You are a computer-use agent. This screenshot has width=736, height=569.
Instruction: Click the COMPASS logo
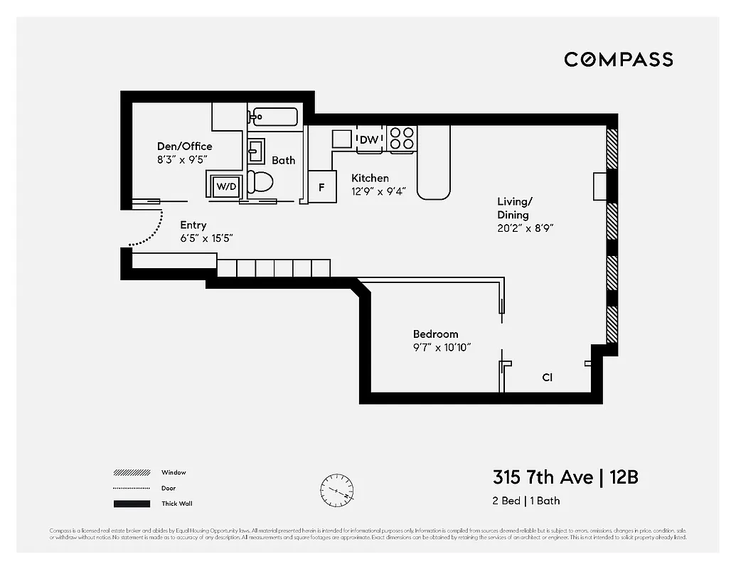coord(618,60)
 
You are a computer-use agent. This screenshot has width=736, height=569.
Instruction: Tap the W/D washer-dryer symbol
coord(225,186)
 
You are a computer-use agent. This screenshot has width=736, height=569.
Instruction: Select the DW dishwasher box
coord(369,139)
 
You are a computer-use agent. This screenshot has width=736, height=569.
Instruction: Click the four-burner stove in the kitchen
coord(402,139)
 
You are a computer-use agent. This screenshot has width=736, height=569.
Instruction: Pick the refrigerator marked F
coord(321,187)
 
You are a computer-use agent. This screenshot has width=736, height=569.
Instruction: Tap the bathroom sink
coord(255,151)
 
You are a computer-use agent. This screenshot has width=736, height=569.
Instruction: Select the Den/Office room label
coord(184,147)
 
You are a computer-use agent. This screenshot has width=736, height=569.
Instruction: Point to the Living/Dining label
coord(513,208)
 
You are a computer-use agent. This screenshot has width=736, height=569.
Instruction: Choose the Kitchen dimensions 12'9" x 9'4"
coord(378,191)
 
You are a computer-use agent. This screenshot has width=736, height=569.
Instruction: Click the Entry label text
coord(193,225)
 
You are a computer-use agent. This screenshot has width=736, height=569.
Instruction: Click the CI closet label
coord(547,378)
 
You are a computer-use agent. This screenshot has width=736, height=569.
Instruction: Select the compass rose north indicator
coord(336,490)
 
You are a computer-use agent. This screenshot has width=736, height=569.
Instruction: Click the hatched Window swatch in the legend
coord(132,472)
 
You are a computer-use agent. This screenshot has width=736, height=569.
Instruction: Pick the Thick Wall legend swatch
coord(132,504)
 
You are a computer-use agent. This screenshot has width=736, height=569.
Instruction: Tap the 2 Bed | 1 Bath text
coord(526,501)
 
